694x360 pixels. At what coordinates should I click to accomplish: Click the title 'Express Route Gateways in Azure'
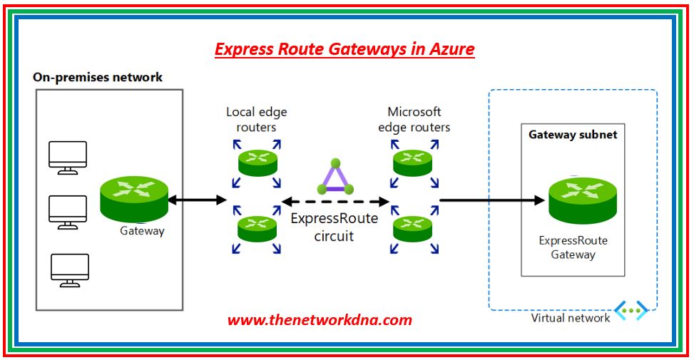(345, 49)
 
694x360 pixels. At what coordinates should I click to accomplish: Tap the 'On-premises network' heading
(98, 77)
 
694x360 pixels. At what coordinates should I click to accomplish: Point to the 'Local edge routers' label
(256, 119)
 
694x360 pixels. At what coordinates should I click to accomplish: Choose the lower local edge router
(256, 226)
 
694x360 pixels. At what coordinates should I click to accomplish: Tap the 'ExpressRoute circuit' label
(334, 227)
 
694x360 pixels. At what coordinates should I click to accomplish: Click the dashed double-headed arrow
(335, 201)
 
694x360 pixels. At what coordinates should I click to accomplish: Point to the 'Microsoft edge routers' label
(414, 119)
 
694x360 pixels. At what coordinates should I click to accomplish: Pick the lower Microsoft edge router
(414, 226)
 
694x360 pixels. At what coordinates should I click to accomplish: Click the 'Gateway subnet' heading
(573, 134)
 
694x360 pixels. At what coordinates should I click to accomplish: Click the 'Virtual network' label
(570, 318)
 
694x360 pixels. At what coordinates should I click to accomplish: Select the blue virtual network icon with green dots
(631, 310)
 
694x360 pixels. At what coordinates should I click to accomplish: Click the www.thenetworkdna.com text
(320, 320)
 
